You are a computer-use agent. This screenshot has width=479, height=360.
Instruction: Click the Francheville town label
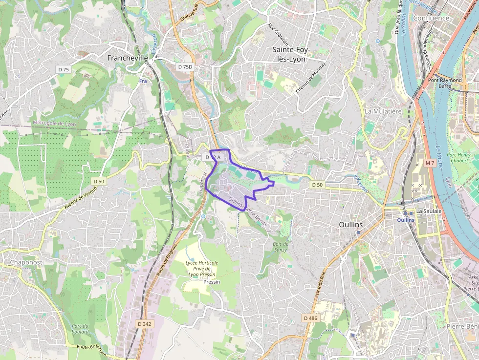click(x=128, y=58)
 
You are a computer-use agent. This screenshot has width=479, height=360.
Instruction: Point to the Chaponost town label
click(x=26, y=262)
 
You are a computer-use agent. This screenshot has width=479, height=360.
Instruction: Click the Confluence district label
click(x=431, y=18)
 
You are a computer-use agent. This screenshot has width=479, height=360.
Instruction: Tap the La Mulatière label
click(x=383, y=111)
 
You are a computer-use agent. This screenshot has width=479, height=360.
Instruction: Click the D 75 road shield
click(x=63, y=69)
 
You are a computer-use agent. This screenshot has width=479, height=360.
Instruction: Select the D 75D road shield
click(x=186, y=66)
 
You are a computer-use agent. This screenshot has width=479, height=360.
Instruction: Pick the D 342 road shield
click(x=145, y=324)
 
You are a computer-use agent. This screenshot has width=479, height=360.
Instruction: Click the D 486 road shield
click(x=310, y=318)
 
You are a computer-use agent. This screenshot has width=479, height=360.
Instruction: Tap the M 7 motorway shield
click(x=430, y=163)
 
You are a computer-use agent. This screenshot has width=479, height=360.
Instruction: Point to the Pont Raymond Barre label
click(x=445, y=83)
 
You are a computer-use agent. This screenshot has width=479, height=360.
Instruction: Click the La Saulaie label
click(x=429, y=211)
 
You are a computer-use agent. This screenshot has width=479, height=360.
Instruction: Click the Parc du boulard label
click(x=80, y=329)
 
